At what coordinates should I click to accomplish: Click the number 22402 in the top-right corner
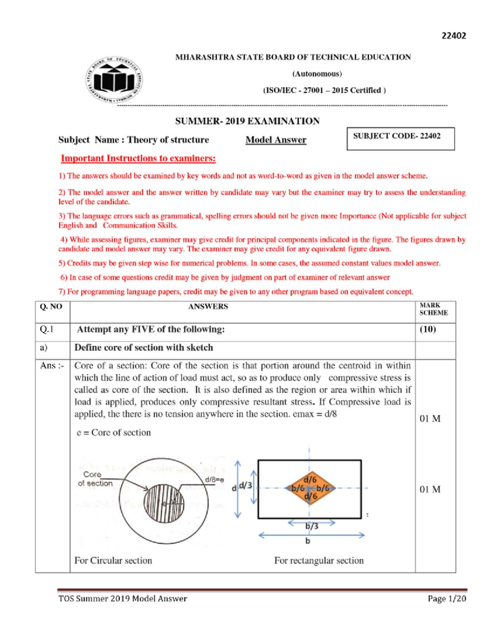click(454, 36)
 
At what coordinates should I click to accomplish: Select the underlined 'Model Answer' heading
click(276, 140)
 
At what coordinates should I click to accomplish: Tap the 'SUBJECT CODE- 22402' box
click(400, 139)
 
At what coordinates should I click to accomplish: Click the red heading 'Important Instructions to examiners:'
click(138, 158)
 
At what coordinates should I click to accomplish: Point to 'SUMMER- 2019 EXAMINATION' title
click(247, 121)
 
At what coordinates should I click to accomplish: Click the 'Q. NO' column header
click(51, 307)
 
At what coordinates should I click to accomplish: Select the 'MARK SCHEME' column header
click(433, 309)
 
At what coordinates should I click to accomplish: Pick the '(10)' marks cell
click(428, 329)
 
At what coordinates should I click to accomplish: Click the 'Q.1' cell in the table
click(47, 329)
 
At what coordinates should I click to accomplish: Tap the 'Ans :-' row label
click(52, 366)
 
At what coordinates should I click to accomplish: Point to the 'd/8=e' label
click(215, 480)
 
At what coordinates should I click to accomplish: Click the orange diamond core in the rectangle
click(310, 488)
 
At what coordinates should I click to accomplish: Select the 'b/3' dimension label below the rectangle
click(312, 526)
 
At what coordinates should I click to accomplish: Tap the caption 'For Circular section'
click(113, 561)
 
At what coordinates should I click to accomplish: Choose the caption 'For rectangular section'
click(318, 561)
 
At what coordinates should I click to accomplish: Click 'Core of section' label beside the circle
click(95, 479)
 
